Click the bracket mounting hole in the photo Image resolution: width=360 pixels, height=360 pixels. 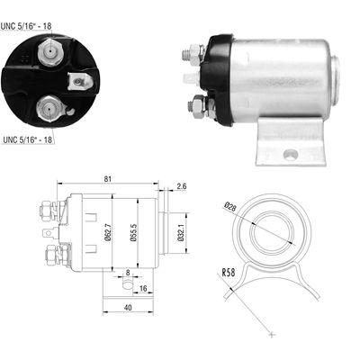coord(289,154)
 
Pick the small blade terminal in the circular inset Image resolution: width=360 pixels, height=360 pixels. coord(78,84)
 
